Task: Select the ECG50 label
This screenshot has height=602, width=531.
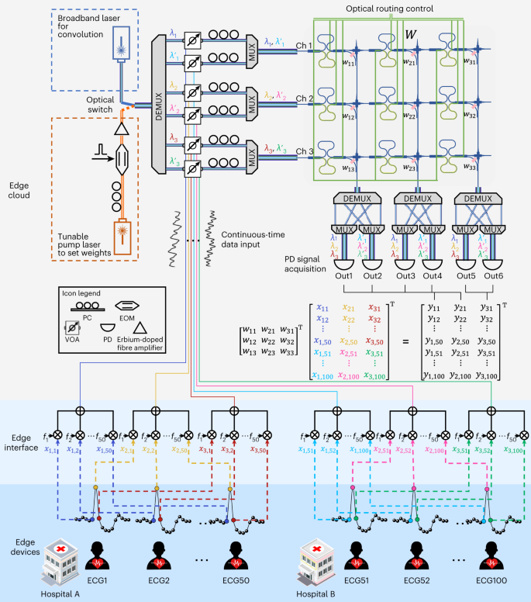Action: pyautogui.click(x=236, y=583)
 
